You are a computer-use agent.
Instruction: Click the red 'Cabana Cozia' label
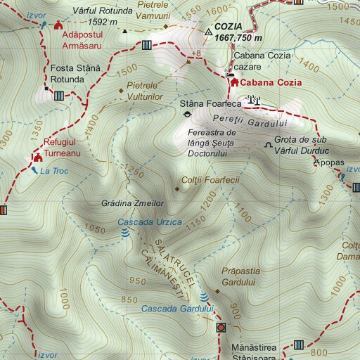click(x=271, y=82)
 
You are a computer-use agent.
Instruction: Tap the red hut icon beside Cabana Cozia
click(x=233, y=82)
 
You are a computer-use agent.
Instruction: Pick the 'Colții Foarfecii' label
click(x=210, y=180)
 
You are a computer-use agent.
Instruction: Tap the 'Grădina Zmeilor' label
click(x=133, y=203)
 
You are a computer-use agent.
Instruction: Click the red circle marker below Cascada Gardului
click(x=221, y=328)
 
